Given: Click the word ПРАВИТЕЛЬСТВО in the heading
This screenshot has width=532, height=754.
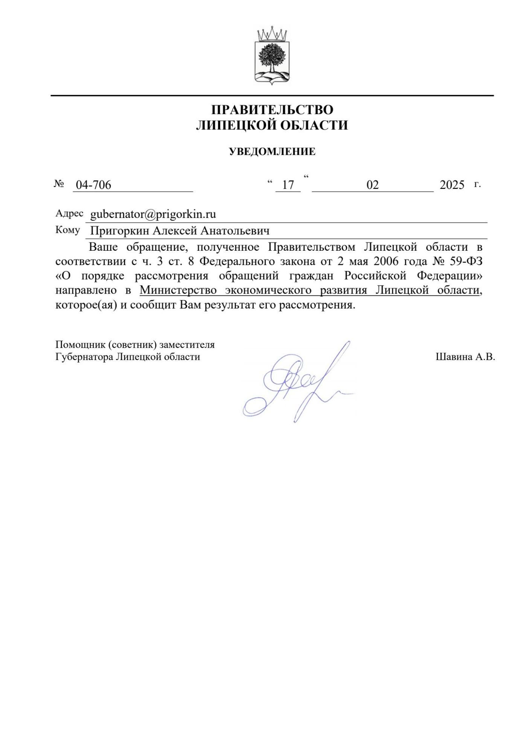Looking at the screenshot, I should point(272,110).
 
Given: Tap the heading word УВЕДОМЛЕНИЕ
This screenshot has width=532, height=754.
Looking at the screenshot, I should point(272,152).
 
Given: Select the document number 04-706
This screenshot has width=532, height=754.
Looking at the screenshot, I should point(93,185).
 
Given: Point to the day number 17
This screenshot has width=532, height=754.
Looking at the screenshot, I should point(288,185).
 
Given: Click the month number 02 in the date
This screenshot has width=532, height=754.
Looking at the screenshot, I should point(372,185).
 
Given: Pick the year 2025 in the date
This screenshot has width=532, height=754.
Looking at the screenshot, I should point(452,185).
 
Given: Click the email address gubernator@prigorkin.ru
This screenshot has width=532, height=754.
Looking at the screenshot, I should point(153,214).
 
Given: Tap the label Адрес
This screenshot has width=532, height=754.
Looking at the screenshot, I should point(69,213).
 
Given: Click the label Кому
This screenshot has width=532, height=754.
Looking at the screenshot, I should point(67,230).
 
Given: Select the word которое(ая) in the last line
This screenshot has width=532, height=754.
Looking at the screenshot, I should point(86,305).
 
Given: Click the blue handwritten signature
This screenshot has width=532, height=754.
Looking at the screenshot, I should point(297,385).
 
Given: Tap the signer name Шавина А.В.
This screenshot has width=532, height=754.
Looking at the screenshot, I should point(465,357).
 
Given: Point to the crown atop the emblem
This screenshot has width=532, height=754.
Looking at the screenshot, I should point(272,34).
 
